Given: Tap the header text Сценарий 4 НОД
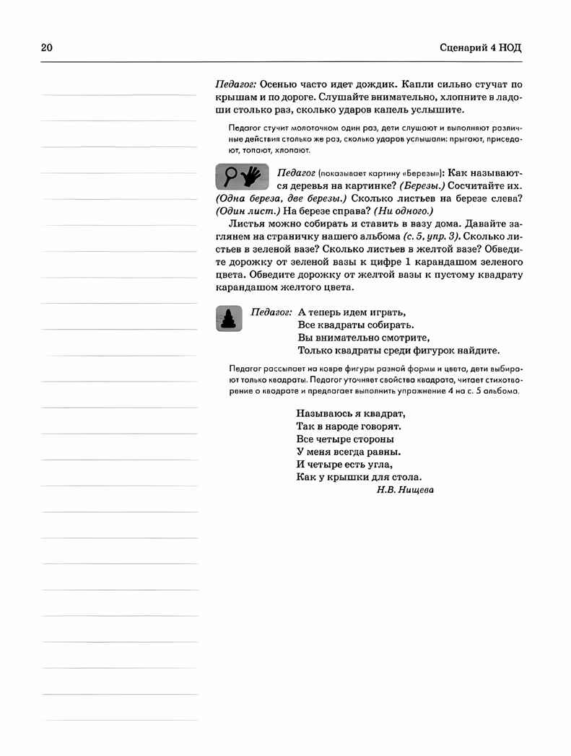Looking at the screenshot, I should click(480, 48).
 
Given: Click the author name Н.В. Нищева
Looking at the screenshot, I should click(405, 489).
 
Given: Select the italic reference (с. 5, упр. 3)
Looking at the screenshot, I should click(420, 236).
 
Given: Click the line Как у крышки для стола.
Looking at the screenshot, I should click(359, 477).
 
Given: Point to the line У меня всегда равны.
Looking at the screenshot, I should click(348, 452).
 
